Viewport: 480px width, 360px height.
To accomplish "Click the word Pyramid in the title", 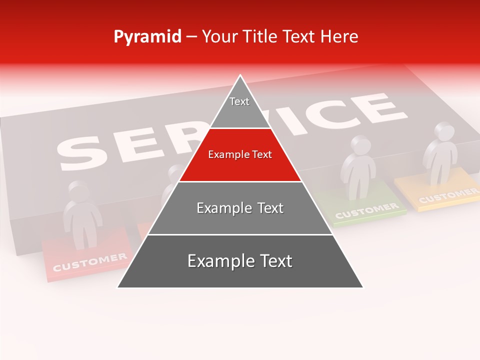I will (x=147, y=37).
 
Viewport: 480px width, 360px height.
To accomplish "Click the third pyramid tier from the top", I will (x=240, y=208).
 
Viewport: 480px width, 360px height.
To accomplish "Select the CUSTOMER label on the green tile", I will (x=366, y=210).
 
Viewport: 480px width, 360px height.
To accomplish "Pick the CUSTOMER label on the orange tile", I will (x=448, y=195).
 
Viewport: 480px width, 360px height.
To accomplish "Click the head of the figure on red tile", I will (x=77, y=191).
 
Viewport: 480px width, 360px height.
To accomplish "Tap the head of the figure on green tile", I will (x=360, y=145).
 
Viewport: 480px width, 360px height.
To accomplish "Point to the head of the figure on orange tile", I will (x=443, y=131).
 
